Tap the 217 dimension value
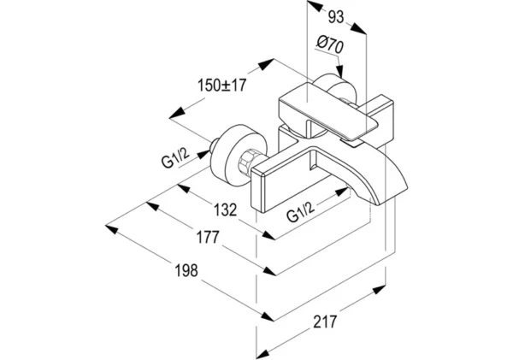[324, 322]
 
